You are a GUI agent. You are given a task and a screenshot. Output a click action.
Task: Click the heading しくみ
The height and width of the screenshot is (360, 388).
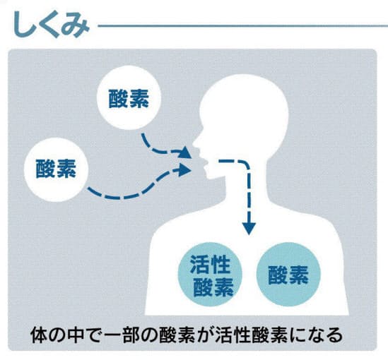coord(51,25)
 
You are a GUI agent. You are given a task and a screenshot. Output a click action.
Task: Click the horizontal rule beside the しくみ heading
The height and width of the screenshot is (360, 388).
coord(243,25)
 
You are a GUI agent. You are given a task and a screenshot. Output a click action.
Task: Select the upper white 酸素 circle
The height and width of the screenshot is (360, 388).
coord(129,97)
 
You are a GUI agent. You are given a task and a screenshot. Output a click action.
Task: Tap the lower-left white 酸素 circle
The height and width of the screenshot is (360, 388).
coord(56,169)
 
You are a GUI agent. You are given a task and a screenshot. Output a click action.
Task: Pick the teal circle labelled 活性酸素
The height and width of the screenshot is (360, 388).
coord(211,275)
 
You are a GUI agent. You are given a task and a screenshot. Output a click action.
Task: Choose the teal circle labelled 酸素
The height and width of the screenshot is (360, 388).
coord(288,275)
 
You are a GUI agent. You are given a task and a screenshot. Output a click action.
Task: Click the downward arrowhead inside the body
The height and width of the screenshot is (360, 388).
coord(249,228)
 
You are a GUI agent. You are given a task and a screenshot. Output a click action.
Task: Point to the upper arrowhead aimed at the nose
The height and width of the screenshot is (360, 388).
coord(185,152)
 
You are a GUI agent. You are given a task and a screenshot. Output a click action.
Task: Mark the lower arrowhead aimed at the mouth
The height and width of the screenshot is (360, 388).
coord(185,170)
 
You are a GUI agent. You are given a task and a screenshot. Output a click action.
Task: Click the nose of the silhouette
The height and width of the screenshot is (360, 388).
coord(196,143)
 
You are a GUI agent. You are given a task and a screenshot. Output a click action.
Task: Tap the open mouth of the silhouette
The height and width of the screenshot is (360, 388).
coord(206,163)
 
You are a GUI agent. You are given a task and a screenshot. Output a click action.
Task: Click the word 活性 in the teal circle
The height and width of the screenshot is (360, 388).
coord(211,265)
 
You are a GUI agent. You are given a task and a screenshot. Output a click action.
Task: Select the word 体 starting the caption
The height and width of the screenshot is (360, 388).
coord(39,335)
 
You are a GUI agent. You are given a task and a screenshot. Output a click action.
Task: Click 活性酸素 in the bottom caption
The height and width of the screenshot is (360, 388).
coord(251,335)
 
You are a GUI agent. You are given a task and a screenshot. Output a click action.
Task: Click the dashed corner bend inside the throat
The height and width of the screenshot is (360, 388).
coord(245,165)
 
